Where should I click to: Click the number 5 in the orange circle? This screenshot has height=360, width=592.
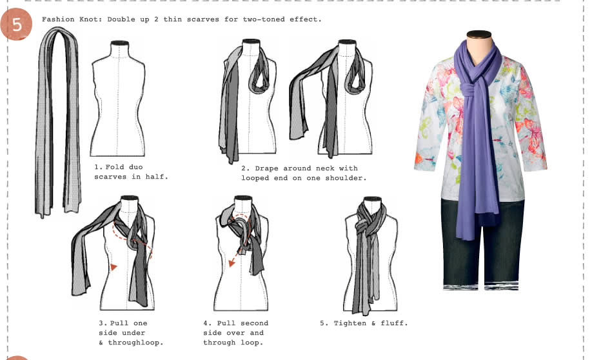[x=17, y=25]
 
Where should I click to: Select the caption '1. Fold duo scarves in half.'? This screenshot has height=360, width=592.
[x=131, y=172]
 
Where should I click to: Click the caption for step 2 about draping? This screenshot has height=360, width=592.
[x=303, y=173]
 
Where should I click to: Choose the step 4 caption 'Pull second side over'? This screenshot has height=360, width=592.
[x=235, y=332]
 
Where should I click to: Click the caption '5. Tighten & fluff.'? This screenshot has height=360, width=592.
[x=364, y=323]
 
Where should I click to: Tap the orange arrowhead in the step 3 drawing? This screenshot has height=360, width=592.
[x=113, y=266]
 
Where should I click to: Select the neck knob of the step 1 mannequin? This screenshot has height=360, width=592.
[x=117, y=45]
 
